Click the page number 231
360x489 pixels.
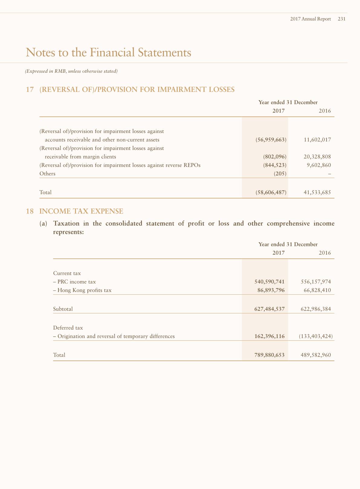[x=342, y=19]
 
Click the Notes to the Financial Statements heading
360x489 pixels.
[x=108, y=52]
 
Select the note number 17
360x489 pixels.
[x=30, y=90]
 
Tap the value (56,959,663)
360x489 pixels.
[x=271, y=140]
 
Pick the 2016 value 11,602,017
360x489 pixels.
[x=317, y=140]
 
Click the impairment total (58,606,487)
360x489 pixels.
[x=271, y=193]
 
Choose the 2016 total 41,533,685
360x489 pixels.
[x=317, y=193]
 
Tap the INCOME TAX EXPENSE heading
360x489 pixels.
[x=81, y=211]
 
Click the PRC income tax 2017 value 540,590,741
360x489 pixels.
[x=270, y=282]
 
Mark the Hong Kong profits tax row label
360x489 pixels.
[x=82, y=290]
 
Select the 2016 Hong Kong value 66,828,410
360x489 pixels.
[x=317, y=290]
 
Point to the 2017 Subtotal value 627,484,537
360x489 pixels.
[x=270, y=309]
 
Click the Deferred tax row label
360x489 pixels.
[x=68, y=328]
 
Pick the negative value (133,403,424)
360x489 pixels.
[x=316, y=336]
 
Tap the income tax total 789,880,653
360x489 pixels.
[x=270, y=355]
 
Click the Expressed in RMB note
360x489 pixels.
[x=71, y=71]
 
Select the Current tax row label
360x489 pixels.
[x=67, y=273]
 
